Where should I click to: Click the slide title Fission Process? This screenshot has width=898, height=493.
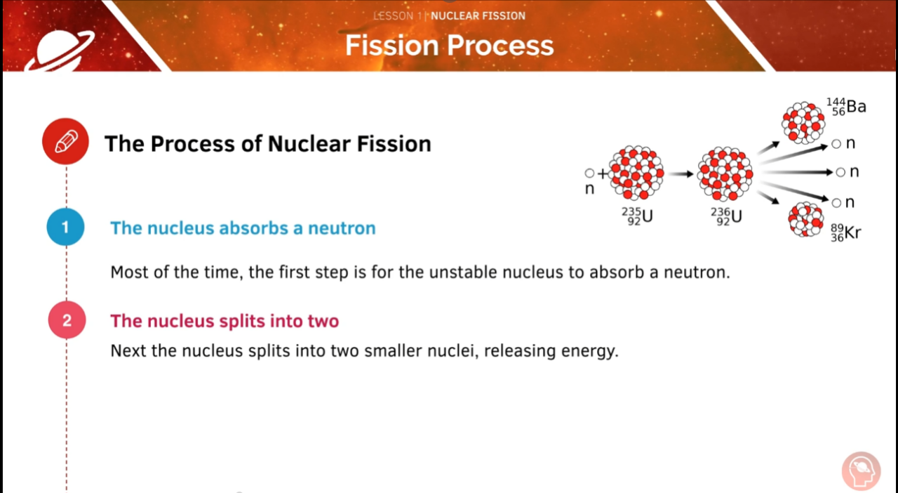(449, 46)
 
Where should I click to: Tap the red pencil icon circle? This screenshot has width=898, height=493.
(65, 142)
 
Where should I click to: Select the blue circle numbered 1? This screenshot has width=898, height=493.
(66, 228)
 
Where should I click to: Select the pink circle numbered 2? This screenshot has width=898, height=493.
(67, 321)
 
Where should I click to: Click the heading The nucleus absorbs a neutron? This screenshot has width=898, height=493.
(243, 228)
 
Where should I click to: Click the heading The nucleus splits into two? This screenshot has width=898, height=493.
(224, 321)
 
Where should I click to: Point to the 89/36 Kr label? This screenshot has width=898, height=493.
(845, 232)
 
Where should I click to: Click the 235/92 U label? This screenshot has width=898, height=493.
(636, 216)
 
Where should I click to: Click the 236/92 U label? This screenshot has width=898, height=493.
(725, 216)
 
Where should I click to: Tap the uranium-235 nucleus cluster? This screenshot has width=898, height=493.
(636, 173)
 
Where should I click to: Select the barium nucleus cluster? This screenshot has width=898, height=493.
(803, 122)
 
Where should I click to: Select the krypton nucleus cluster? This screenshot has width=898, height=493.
(806, 219)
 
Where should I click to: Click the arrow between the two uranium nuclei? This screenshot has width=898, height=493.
(681, 173)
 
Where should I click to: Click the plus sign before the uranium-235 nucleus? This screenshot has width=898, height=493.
(602, 173)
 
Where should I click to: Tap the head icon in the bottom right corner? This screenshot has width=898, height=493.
(861, 471)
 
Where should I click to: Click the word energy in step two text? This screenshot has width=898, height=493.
(589, 350)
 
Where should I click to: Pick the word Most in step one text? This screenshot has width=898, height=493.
(129, 272)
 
